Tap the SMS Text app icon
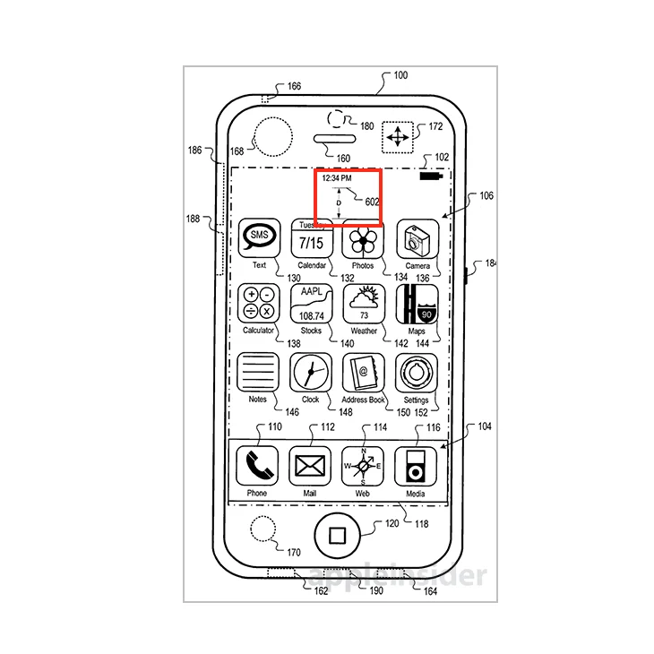[x=259, y=239]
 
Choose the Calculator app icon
[x=259, y=305]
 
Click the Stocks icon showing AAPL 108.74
[x=311, y=305]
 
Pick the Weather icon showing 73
[x=364, y=305]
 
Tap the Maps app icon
[x=417, y=305]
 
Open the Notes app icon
[x=258, y=373]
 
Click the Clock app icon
[x=311, y=373]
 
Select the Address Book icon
[x=364, y=373]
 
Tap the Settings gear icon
[x=417, y=373]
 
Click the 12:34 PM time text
[x=337, y=178]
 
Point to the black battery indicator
[x=430, y=178]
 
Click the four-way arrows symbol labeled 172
[x=396, y=138]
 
